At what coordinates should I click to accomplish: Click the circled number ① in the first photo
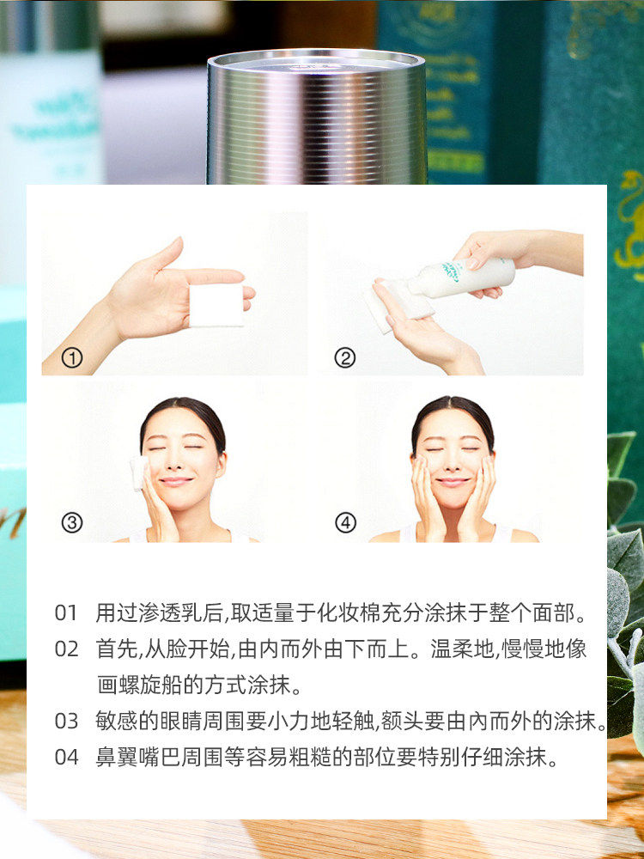click(72, 358)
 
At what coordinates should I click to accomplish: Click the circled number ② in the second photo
click(344, 358)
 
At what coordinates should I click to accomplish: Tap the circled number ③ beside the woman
click(72, 522)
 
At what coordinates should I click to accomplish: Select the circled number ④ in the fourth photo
click(345, 522)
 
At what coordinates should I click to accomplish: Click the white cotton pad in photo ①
click(216, 305)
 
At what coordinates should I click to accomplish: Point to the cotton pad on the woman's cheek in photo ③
click(138, 472)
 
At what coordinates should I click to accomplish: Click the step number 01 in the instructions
click(67, 613)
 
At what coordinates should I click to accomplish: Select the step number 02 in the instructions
click(67, 649)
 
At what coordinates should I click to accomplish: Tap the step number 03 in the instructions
click(67, 721)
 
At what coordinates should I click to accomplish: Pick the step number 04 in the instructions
click(67, 758)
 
